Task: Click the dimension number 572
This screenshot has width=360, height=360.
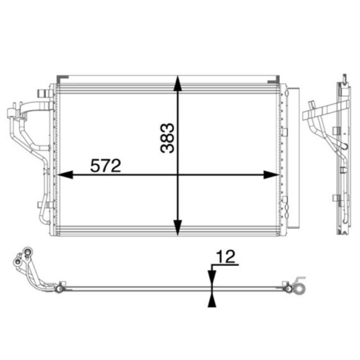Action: pos(105,166)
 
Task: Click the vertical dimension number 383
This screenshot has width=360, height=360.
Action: pos(167,138)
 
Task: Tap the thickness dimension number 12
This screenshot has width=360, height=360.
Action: pos(226,256)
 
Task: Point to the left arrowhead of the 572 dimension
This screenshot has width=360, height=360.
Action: pos(65,175)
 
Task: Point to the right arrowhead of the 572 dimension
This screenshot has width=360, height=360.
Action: pos(271,175)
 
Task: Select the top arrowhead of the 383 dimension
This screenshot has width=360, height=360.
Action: pos(177,84)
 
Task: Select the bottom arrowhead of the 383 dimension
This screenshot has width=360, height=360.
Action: pos(177,228)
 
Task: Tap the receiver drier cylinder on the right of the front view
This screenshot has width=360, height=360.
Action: pos(293,157)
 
